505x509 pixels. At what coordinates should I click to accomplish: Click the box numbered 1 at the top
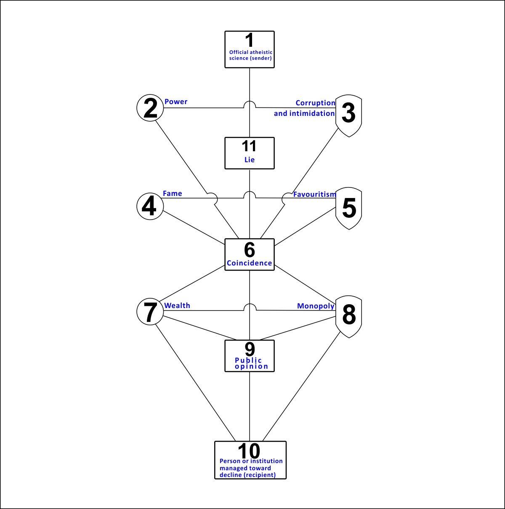(x=249, y=49)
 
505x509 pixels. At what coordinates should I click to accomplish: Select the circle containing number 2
(x=150, y=108)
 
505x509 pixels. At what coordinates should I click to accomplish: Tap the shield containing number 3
(x=348, y=116)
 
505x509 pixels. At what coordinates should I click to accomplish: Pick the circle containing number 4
(x=150, y=206)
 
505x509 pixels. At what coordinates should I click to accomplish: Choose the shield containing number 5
(x=348, y=209)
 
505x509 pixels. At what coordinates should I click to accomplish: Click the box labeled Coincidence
(x=249, y=254)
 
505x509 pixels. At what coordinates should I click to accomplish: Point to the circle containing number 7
(x=150, y=312)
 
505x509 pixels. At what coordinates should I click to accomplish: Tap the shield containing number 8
(x=348, y=317)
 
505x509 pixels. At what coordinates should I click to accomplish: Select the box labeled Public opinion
(x=249, y=356)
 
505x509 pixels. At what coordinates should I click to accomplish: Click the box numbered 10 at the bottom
(x=250, y=460)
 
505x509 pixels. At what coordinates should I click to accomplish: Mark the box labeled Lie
(x=249, y=153)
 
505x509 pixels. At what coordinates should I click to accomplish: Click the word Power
(x=176, y=102)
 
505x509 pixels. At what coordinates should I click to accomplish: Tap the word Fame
(x=172, y=193)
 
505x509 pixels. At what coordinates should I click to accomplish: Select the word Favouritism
(x=314, y=194)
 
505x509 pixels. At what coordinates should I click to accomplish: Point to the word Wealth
(x=177, y=305)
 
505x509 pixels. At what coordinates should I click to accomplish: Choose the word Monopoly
(x=316, y=306)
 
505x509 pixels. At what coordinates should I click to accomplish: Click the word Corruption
(x=315, y=103)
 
